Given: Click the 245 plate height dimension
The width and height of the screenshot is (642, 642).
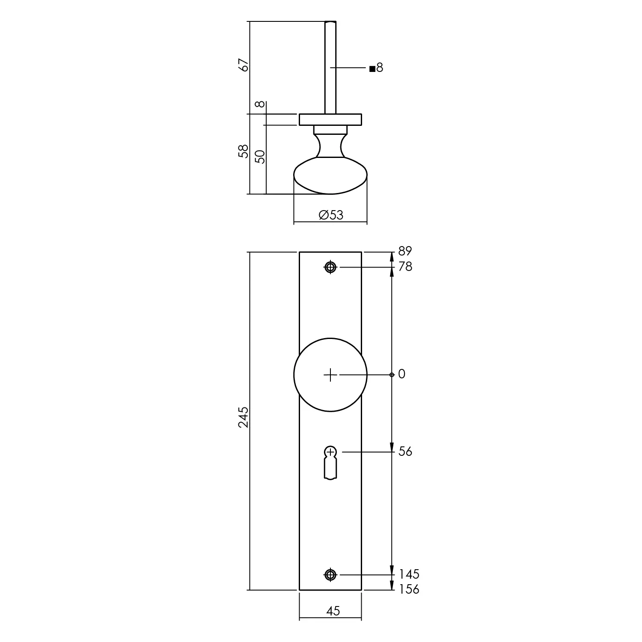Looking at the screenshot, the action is (243, 417).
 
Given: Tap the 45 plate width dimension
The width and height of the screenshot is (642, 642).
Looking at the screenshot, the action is (333, 611).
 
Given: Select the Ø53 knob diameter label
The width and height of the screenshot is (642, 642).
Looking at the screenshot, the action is (331, 215).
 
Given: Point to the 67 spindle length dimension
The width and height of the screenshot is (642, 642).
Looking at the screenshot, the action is (244, 65).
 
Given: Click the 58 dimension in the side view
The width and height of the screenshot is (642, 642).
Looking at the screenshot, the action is (244, 151).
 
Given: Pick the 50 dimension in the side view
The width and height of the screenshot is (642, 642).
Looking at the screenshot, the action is (260, 157).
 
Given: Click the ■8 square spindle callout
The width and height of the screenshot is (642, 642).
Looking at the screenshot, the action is (376, 68).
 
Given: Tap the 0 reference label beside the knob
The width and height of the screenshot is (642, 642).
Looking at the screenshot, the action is (401, 374).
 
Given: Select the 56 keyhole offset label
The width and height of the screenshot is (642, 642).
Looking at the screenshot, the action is (405, 452).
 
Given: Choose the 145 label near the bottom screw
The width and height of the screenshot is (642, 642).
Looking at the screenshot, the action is (409, 574).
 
